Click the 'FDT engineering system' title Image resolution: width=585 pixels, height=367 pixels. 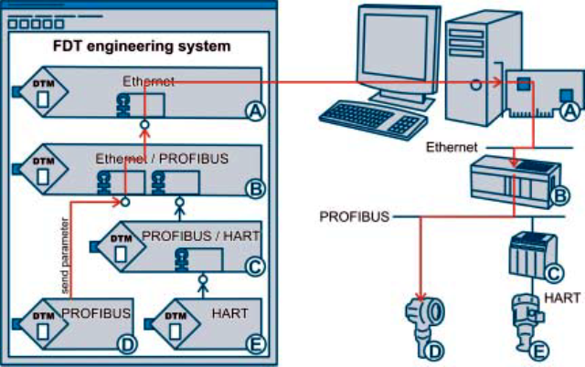pos(139,45)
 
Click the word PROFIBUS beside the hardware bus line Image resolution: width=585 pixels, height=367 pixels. pos(355,217)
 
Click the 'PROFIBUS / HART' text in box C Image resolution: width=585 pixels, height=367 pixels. pos(201,236)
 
